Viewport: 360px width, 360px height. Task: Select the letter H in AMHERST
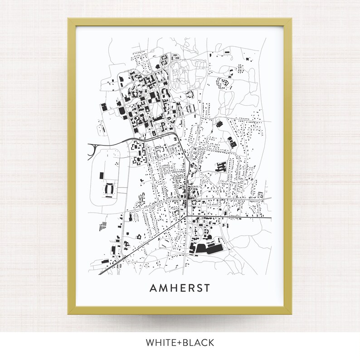pyautogui.click(x=174, y=288)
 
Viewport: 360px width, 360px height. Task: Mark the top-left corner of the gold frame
pyautogui.click(x=69, y=19)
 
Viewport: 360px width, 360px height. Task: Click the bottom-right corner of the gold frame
pyautogui.click(x=292, y=313)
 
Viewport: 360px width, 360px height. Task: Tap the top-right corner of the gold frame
pyautogui.click(x=292, y=19)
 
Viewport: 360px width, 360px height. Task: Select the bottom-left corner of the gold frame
pyautogui.click(x=69, y=313)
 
